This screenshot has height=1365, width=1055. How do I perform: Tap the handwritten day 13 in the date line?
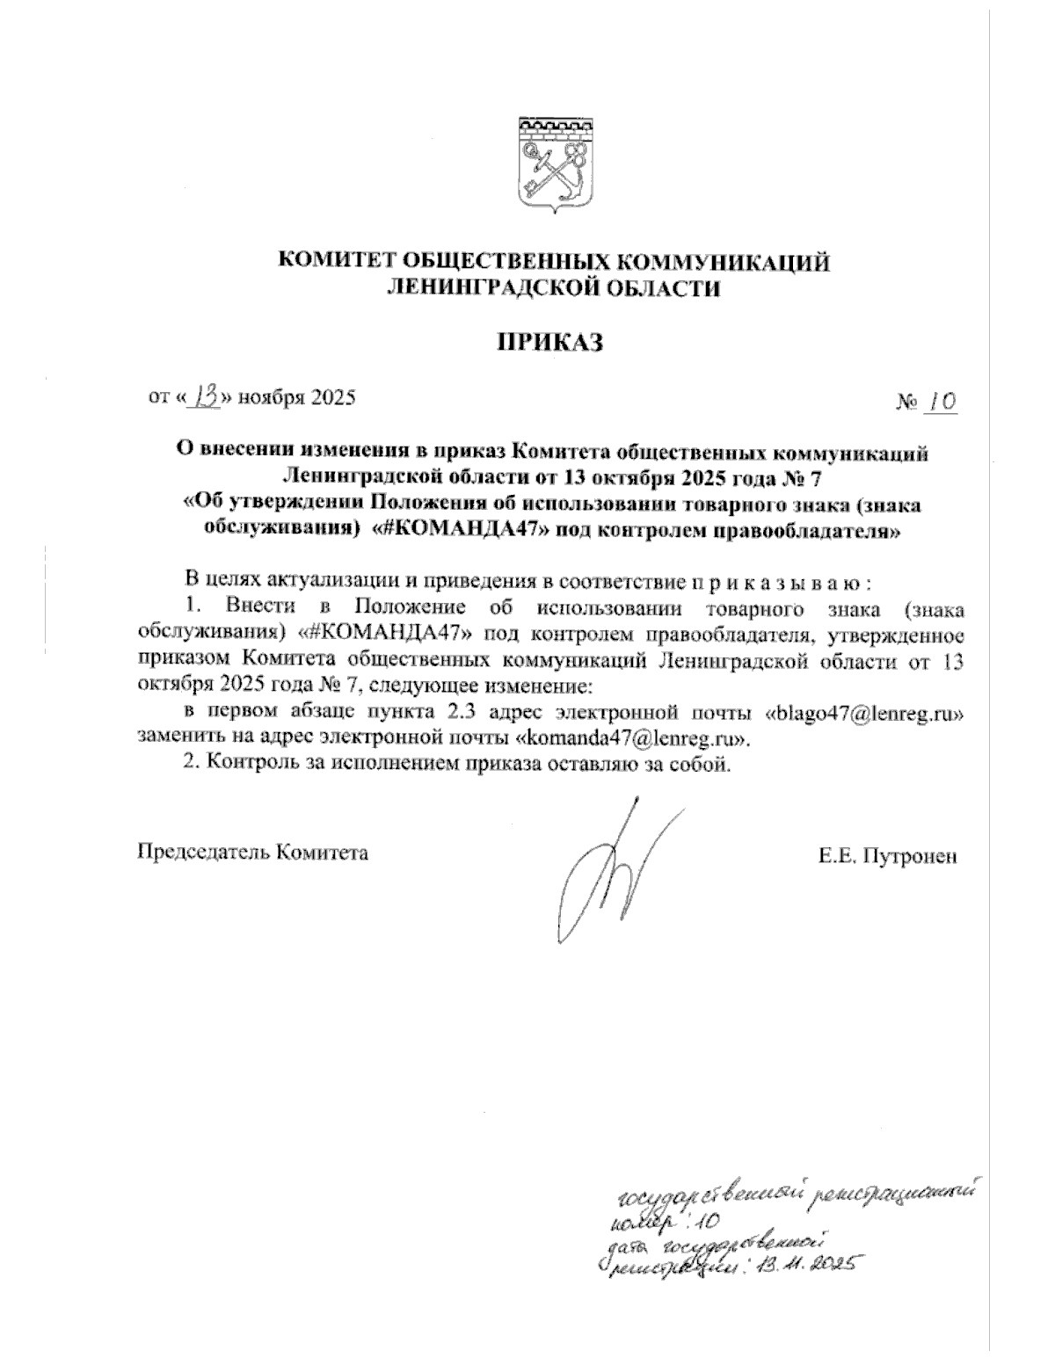pyautogui.click(x=207, y=397)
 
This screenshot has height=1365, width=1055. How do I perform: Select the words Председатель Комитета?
pyautogui.click(x=252, y=852)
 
